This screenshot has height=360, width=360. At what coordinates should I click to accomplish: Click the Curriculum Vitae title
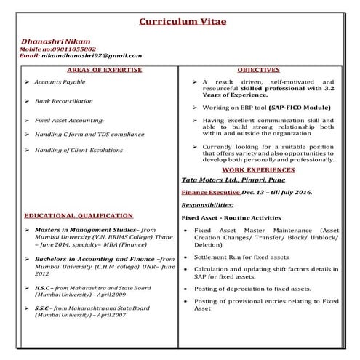(x=182, y=21)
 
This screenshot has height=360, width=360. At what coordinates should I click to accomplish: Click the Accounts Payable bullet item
(x=60, y=82)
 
